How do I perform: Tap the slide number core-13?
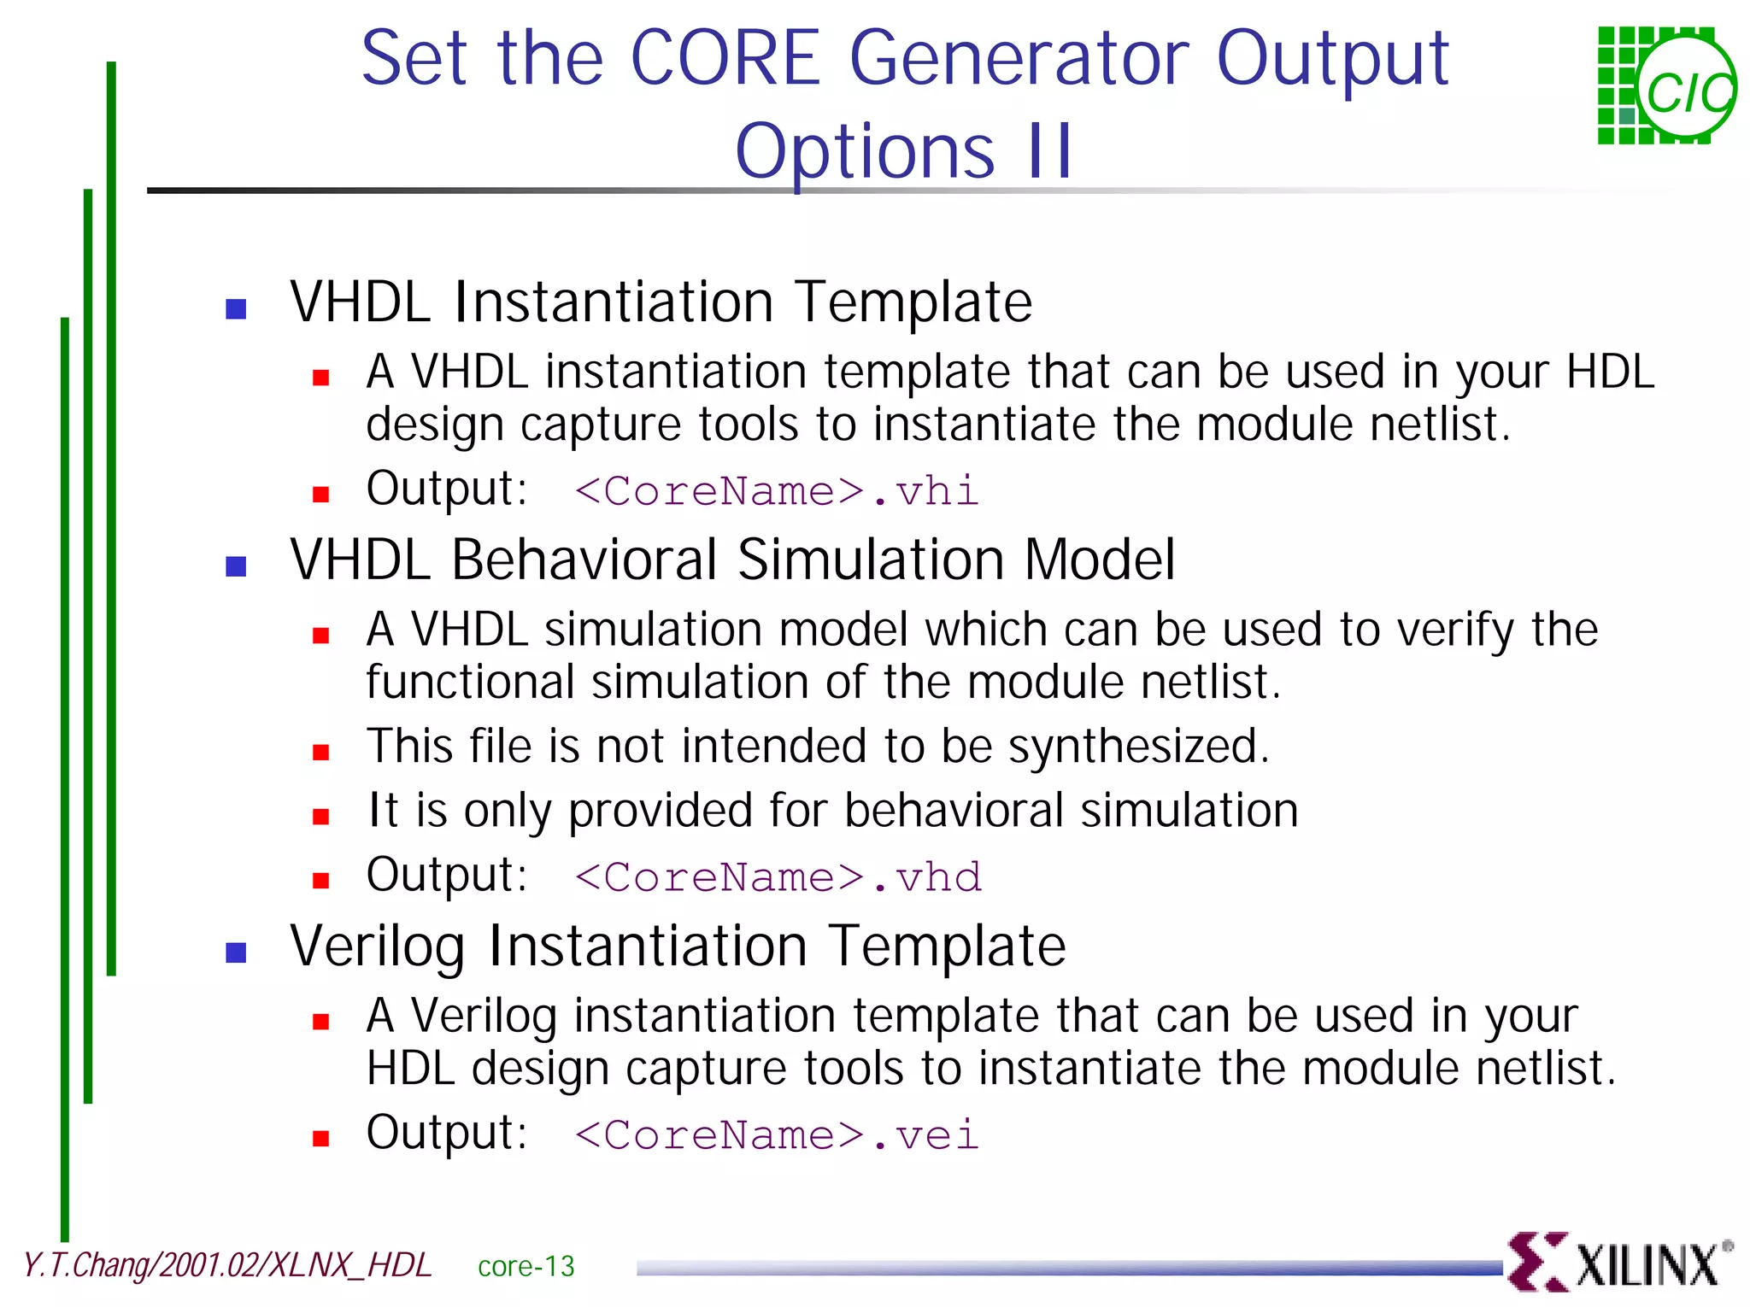click(x=526, y=1266)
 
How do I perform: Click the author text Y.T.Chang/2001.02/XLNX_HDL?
click(x=226, y=1265)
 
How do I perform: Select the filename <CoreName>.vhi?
click(x=776, y=491)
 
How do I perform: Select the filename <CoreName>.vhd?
click(x=778, y=877)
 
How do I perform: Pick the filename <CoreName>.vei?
click(x=776, y=1135)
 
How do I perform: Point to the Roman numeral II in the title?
click(x=1049, y=151)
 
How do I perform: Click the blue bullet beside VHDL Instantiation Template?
click(x=236, y=308)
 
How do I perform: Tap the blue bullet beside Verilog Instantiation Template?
click(x=236, y=952)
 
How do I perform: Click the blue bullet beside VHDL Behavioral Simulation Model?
click(x=236, y=566)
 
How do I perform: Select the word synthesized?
click(x=1137, y=747)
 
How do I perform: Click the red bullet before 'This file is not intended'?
click(x=320, y=753)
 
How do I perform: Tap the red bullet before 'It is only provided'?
click(x=320, y=817)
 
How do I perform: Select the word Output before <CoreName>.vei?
click(x=445, y=1133)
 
